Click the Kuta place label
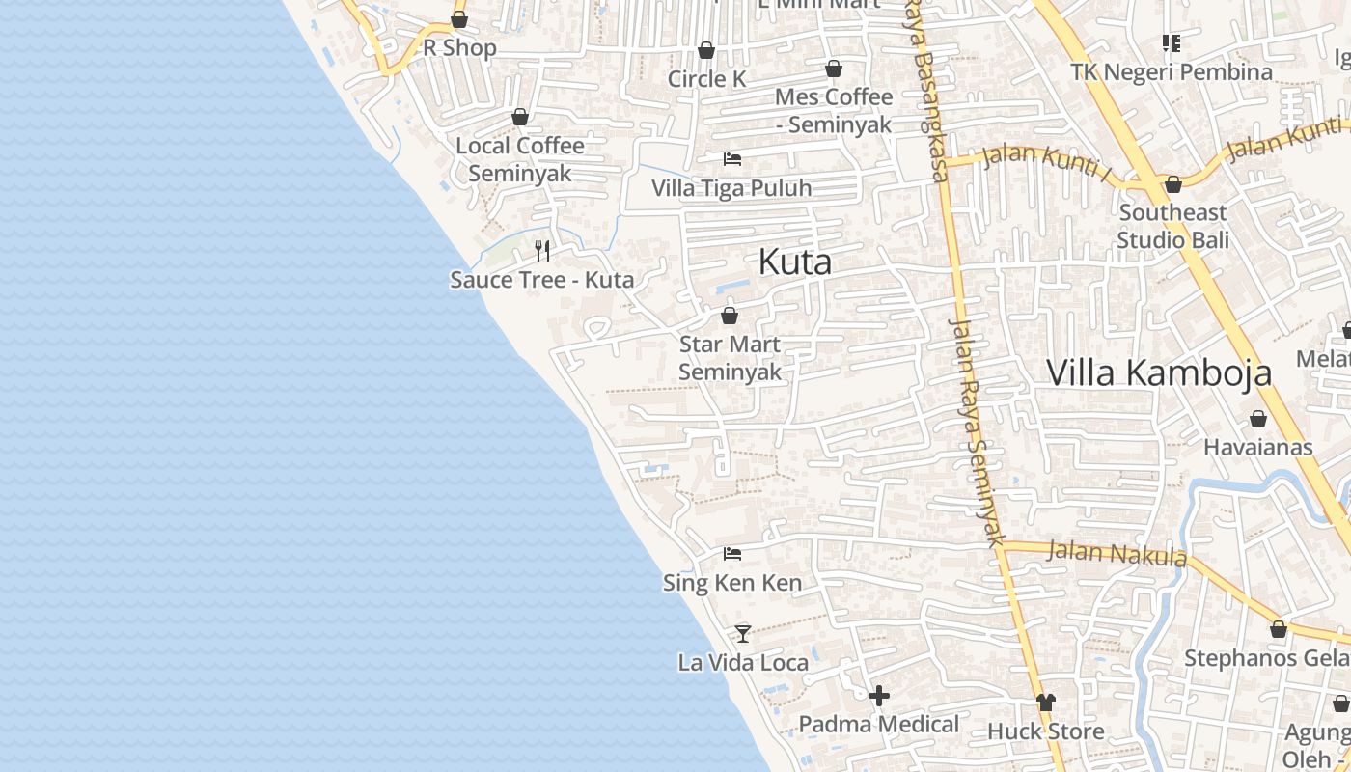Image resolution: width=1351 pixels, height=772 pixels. (794, 262)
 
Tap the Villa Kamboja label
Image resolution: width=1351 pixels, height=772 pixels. (1159, 372)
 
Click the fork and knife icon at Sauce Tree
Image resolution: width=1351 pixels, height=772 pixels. (542, 251)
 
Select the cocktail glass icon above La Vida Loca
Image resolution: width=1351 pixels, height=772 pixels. (743, 633)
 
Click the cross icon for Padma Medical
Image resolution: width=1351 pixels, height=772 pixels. (878, 695)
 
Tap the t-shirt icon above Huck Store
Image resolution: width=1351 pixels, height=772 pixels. (1046, 702)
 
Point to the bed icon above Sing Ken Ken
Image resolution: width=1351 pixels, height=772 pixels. (732, 554)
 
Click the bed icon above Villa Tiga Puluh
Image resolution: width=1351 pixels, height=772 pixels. (732, 158)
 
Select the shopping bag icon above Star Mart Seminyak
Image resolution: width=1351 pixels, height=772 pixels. (730, 316)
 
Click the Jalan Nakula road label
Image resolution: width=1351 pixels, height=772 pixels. (1117, 554)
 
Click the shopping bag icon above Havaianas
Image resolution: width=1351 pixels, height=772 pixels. (1257, 419)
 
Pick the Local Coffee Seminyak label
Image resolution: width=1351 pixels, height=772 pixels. (520, 159)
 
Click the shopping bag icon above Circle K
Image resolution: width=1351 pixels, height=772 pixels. (706, 50)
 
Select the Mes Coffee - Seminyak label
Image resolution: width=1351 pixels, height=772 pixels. (834, 111)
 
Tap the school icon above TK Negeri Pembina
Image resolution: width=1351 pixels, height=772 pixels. (1172, 43)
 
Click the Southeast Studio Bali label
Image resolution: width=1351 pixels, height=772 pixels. (1172, 226)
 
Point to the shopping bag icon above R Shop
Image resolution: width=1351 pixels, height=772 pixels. (459, 19)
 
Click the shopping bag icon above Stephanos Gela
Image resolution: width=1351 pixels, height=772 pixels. (1279, 629)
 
